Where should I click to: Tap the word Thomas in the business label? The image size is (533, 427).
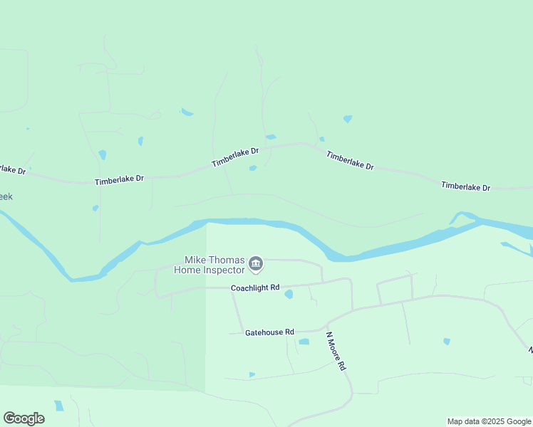(x=227, y=260)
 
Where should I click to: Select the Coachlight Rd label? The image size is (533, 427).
(x=254, y=288)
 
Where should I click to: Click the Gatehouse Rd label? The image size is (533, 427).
(x=269, y=332)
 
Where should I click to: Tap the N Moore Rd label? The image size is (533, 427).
(x=336, y=351)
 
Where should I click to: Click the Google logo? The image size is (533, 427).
(x=24, y=418)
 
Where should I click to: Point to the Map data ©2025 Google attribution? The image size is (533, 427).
(x=489, y=421)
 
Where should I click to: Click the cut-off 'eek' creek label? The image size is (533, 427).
(x=6, y=196)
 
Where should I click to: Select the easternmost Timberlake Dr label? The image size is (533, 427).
(x=465, y=186)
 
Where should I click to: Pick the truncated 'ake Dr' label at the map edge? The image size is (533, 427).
(x=12, y=170)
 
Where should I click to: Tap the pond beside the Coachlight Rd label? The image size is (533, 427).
(x=289, y=294)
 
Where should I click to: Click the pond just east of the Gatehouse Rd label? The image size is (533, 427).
(x=304, y=342)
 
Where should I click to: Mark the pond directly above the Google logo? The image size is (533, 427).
(x=58, y=406)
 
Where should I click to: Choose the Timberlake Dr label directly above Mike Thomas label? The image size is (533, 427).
(x=234, y=157)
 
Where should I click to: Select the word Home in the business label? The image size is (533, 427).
(x=188, y=270)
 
